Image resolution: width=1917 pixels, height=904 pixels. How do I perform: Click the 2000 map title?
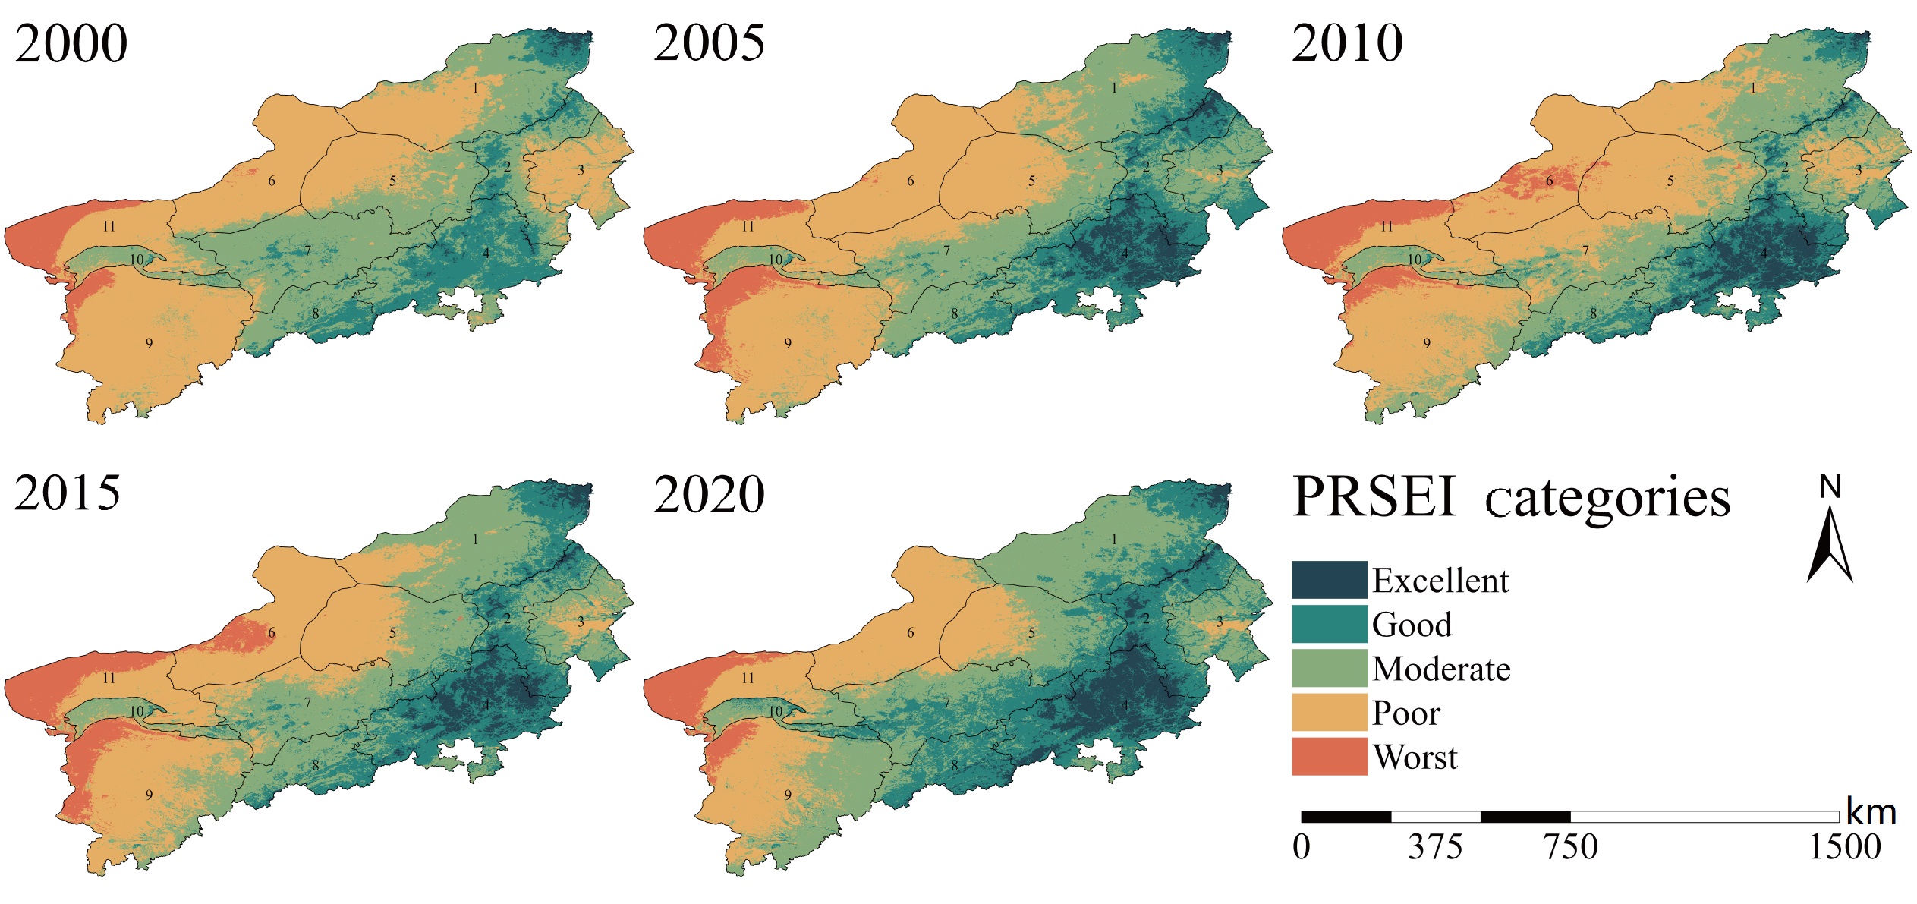pyautogui.click(x=71, y=43)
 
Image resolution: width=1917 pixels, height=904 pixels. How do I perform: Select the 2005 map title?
pyautogui.click(x=709, y=43)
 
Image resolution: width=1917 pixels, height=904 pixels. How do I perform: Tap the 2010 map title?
pyautogui.click(x=1347, y=43)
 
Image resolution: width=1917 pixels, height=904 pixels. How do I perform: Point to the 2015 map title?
pyautogui.click(x=67, y=493)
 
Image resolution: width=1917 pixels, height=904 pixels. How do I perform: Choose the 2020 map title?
pyautogui.click(x=709, y=495)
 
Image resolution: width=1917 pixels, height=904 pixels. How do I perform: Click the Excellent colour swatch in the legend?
pyautogui.click(x=1329, y=581)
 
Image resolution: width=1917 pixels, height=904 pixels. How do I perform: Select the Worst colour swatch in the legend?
pyautogui.click(x=1329, y=757)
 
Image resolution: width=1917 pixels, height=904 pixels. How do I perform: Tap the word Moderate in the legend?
pyautogui.click(x=1441, y=669)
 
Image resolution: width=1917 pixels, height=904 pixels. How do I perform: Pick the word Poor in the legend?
pyautogui.click(x=1405, y=713)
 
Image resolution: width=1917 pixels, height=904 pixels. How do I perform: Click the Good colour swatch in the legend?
pyautogui.click(x=1329, y=625)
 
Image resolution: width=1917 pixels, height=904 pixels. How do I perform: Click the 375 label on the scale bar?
pyautogui.click(x=1434, y=847)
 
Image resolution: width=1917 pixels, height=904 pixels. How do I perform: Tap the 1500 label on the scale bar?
pyautogui.click(x=1844, y=847)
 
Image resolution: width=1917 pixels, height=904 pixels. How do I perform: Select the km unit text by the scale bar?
pyautogui.click(x=1871, y=813)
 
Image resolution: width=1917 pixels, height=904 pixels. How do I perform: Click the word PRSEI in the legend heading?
pyautogui.click(x=1374, y=497)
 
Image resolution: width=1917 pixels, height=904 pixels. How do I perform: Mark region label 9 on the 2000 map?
pyautogui.click(x=149, y=344)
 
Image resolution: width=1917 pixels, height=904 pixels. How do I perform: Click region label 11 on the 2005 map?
pyautogui.click(x=748, y=226)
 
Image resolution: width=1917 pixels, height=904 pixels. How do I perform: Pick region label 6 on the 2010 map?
pyautogui.click(x=1550, y=181)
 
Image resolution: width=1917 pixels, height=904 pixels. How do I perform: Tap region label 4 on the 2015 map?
pyautogui.click(x=486, y=705)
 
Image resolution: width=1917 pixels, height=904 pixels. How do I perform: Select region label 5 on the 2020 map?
pyautogui.click(x=1031, y=632)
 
